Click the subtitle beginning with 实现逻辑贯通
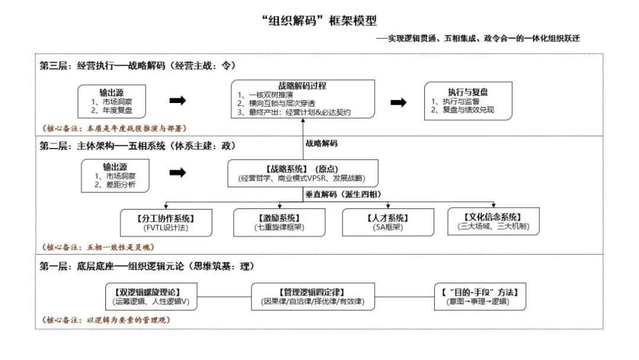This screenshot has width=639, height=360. coord(480,39)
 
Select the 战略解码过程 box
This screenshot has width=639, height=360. coord(302,98)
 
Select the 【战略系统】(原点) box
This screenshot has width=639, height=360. coord(302,173)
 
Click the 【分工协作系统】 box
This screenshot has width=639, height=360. coord(166,222)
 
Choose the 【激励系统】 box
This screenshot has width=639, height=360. coord(279,222)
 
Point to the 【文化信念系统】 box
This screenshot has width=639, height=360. coord(493,221)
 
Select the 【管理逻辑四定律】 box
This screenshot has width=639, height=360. coord(313,297)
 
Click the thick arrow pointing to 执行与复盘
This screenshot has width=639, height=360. coord(399,102)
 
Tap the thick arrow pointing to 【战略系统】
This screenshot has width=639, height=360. coord(177,173)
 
